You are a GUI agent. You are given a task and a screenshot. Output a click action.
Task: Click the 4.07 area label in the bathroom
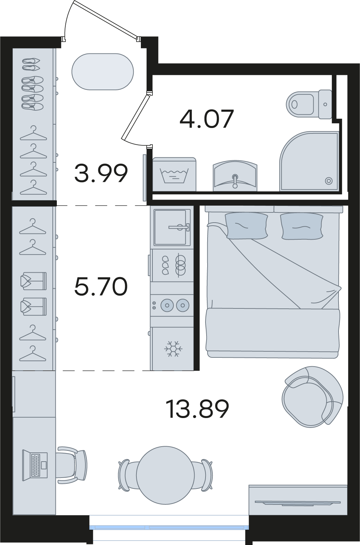pos(207,119)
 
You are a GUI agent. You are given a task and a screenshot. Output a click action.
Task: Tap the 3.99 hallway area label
pos(101,173)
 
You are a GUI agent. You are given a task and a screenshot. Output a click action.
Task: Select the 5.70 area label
pos(101,286)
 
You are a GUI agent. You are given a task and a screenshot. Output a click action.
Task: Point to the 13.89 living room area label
pos(197,409)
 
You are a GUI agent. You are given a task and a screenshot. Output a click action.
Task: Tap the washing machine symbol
pos(174,174)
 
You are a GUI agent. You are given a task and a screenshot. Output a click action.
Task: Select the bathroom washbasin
pos(235,175)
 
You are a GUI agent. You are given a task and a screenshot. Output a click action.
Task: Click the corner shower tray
pos(309,161)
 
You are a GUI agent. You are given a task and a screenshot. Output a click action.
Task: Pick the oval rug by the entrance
pos(102,71)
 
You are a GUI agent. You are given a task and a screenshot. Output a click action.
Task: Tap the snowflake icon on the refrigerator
pos(173,349)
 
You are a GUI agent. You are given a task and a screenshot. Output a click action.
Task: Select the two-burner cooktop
pos(172,305)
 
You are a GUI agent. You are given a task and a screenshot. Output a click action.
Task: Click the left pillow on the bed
pos(246,226)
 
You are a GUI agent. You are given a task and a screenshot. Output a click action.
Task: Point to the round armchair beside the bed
pos(313,397)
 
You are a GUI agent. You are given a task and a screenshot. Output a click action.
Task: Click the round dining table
pos(165,475)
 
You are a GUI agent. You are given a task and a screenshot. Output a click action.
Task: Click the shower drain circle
pos(329,181)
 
